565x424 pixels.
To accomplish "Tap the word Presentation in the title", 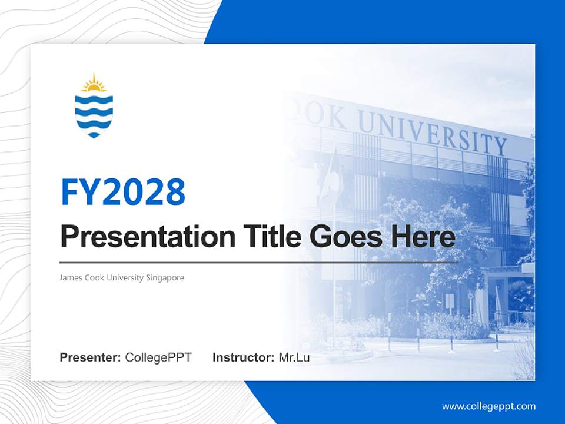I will (148, 237).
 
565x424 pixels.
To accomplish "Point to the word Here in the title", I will (423, 237).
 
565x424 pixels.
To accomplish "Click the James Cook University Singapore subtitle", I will (122, 277).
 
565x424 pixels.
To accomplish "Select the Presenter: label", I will (90, 357).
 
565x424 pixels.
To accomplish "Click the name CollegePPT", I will (158, 357).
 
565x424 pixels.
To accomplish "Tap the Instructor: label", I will (243, 357).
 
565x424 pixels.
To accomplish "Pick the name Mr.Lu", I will (294, 357).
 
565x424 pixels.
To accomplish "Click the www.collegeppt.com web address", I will (488, 406).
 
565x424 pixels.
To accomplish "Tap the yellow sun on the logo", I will (94, 85).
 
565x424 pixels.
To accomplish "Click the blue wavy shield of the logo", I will (94, 115).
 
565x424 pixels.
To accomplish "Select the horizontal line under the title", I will (259, 262).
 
